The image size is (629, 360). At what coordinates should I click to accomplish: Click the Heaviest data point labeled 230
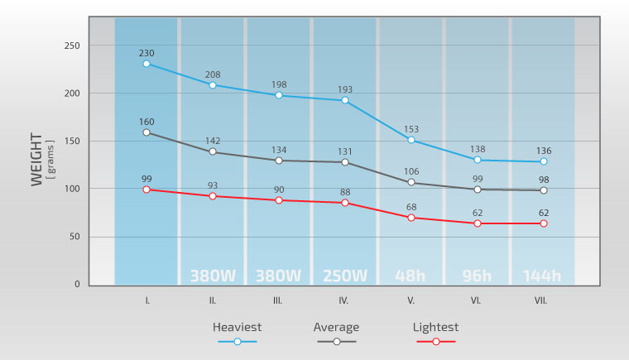(x=146, y=64)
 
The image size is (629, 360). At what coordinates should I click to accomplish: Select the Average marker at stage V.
(x=411, y=183)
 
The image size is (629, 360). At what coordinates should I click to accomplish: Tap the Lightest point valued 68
(x=411, y=218)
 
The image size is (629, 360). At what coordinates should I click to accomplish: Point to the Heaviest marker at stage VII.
(x=544, y=162)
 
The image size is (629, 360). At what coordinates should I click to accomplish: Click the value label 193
(x=345, y=89)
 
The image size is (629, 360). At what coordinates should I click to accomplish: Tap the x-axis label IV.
(x=345, y=300)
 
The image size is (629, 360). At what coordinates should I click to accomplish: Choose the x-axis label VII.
(x=543, y=300)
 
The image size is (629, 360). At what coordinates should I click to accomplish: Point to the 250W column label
(x=345, y=276)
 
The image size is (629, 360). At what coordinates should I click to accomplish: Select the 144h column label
(x=543, y=276)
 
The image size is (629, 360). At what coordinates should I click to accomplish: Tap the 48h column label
(x=411, y=276)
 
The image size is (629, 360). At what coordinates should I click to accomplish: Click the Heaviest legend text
(x=238, y=327)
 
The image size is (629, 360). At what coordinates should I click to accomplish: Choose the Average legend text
(x=336, y=327)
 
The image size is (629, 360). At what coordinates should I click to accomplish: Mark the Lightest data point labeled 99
(x=146, y=190)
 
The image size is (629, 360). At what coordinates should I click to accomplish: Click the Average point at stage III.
(x=279, y=161)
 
